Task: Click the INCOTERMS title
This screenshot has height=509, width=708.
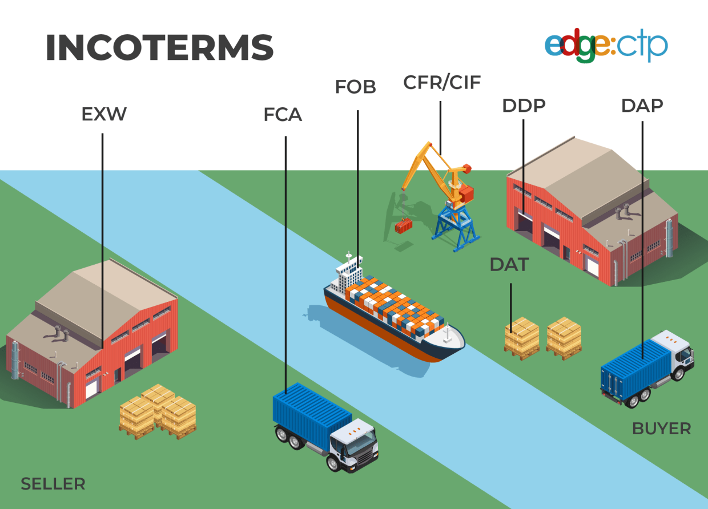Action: pyautogui.click(x=159, y=48)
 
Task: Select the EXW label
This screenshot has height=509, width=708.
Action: pyautogui.click(x=103, y=114)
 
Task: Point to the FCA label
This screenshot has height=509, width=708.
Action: pyautogui.click(x=283, y=115)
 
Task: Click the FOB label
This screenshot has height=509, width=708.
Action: pyautogui.click(x=355, y=87)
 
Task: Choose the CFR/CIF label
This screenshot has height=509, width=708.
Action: pyautogui.click(x=442, y=82)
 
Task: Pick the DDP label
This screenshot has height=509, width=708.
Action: pyautogui.click(x=524, y=106)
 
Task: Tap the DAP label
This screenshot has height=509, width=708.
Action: pyautogui.click(x=642, y=106)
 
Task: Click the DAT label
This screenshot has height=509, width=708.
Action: pyautogui.click(x=509, y=265)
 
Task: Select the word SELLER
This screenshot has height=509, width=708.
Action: pyautogui.click(x=53, y=484)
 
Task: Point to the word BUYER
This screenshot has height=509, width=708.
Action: pyautogui.click(x=661, y=429)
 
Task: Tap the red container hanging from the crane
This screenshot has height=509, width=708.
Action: pyautogui.click(x=404, y=227)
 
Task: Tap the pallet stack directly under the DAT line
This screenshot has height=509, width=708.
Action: pyautogui.click(x=521, y=338)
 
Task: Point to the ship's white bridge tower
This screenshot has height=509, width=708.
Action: pyautogui.click(x=349, y=273)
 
